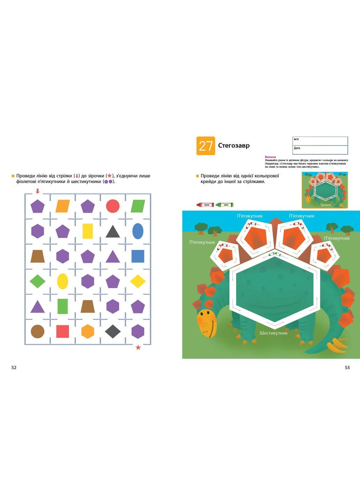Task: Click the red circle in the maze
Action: [113, 206]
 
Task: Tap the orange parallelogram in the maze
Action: [63, 206]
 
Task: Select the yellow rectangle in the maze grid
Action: [88, 231]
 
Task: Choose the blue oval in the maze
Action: [138, 231]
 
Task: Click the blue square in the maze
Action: [138, 256]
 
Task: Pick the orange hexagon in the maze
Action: [88, 331]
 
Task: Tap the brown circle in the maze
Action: [38, 331]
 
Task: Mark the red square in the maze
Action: [63, 331]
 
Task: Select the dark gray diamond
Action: [113, 331]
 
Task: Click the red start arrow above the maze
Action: [38, 191]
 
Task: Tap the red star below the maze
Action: [138, 347]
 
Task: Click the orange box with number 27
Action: [206, 146]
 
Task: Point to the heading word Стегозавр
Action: [234, 145]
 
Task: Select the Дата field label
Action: [297, 148]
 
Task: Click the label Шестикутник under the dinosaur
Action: [274, 333]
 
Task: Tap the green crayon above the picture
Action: [224, 205]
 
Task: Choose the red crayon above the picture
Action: [205, 205]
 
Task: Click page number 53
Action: [347, 367]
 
